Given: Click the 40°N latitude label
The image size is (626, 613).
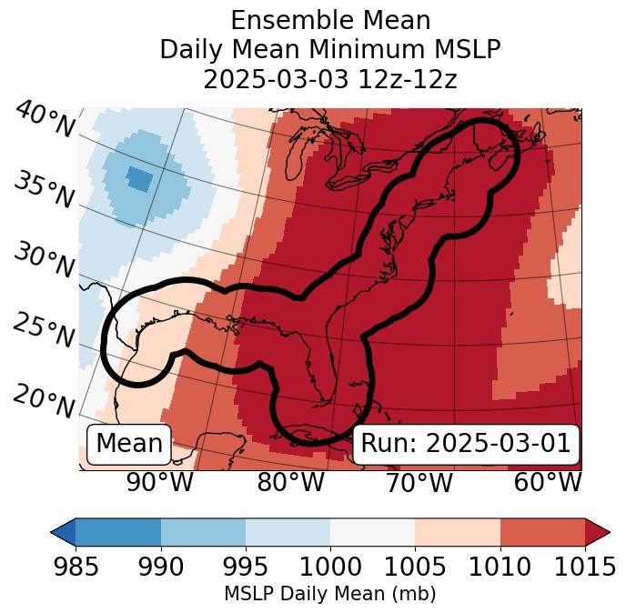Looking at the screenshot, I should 44,121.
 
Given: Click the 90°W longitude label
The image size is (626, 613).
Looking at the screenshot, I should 159,482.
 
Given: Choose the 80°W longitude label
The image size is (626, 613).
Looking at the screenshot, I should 290,482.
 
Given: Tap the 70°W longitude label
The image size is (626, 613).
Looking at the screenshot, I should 419,482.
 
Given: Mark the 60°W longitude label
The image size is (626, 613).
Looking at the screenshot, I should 548,482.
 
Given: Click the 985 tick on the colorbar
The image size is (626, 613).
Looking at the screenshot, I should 76,568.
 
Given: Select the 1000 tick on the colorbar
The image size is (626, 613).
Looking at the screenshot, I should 330,568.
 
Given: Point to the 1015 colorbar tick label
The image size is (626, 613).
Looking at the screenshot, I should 584,568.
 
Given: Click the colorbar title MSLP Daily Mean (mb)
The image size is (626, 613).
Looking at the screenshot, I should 329,594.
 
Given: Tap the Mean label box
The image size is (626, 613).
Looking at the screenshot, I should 129,444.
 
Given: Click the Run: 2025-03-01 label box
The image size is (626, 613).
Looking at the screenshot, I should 466,444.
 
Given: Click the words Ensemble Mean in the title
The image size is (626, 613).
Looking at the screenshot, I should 330,20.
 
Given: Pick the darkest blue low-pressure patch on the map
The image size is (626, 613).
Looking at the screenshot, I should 139,178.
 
